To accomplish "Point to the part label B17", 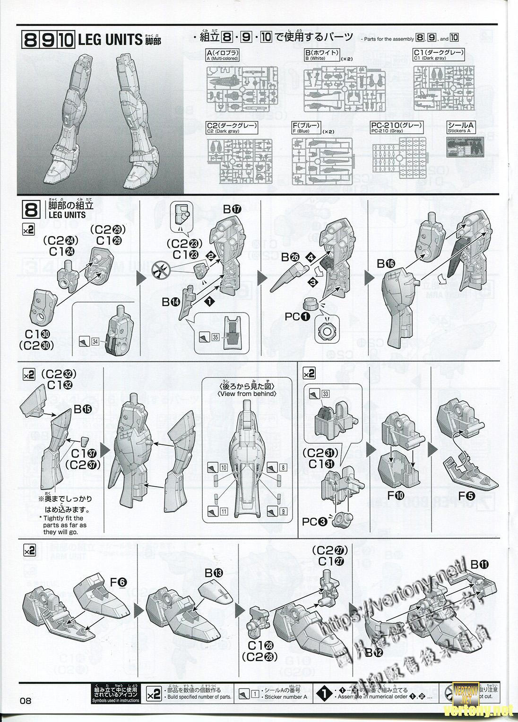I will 232,208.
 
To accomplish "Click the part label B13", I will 214,573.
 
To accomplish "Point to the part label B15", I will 82,410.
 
